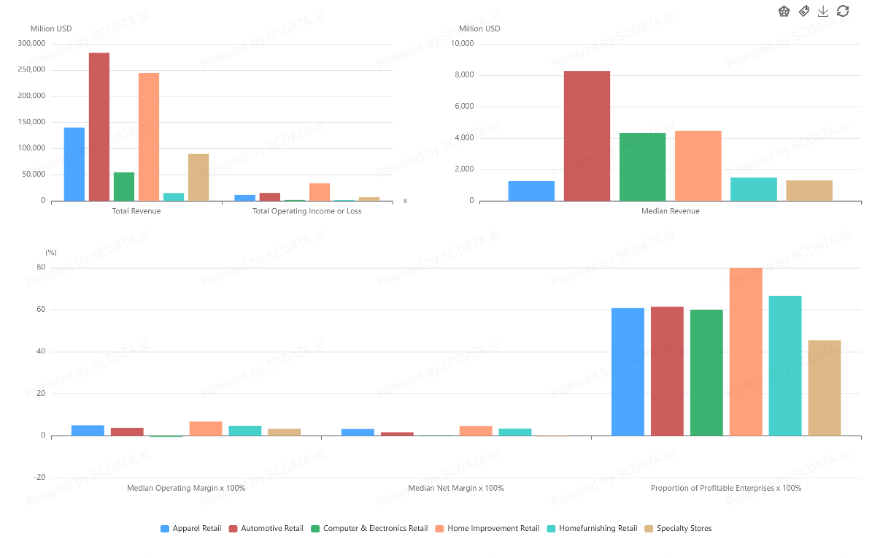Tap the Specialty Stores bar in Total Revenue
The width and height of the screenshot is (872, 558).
[198, 177]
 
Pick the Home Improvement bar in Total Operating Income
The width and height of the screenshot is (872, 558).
[320, 191]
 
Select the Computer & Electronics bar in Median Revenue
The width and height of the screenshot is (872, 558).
[642, 167]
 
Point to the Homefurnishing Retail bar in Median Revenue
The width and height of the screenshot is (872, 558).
[753, 188]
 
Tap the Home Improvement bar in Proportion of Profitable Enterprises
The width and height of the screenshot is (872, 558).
[746, 351]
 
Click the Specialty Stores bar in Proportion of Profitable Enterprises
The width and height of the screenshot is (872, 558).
[825, 388]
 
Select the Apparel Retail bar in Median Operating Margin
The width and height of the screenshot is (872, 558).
[88, 430]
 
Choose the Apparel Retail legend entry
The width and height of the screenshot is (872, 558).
[190, 528]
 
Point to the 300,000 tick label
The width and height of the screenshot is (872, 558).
[31, 43]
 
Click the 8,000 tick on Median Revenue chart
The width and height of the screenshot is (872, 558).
[462, 74]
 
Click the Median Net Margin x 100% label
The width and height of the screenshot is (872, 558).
[456, 488]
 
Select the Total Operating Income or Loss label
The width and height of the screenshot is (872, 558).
[306, 211]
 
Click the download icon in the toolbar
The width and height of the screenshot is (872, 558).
[823, 11]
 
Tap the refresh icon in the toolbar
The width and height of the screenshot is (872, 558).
[843, 11]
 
